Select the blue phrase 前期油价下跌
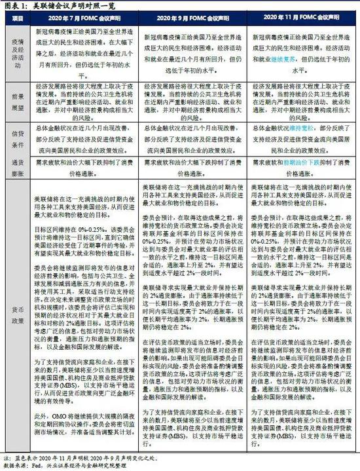pyautogui.click(x=298, y=159)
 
